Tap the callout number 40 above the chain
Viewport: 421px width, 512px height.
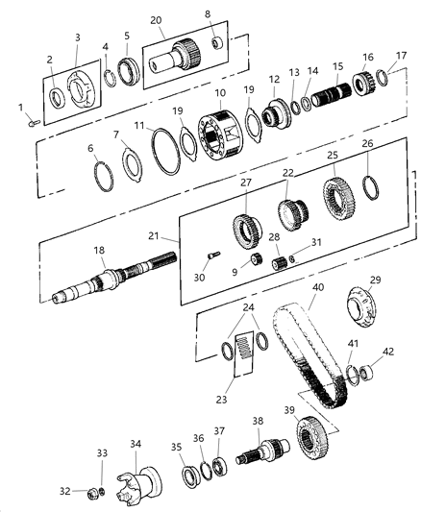[x=317, y=287]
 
